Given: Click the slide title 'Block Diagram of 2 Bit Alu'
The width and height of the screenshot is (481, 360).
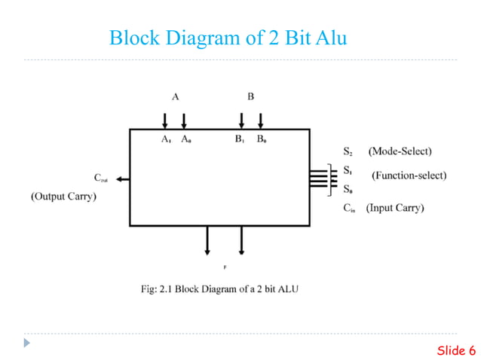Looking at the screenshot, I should point(228,37).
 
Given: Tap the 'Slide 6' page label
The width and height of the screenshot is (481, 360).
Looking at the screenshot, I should point(456,350).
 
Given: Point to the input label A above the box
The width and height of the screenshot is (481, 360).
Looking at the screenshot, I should point(175,96).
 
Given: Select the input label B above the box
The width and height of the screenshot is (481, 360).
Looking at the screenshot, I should point(251,96).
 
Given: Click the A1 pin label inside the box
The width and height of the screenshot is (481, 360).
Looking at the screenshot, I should point(166,139).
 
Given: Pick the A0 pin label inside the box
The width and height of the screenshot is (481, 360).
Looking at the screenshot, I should point(185,139).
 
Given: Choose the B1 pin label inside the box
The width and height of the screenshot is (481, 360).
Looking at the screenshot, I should point(240,139).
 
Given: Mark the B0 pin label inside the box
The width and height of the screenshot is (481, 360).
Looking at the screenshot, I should point(261,139).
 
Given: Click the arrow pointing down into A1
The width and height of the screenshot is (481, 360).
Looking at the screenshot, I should point(165,121).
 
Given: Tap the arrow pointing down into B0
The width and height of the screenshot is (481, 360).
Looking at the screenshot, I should point(261,121).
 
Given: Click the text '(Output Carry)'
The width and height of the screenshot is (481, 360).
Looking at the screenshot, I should point(63,197).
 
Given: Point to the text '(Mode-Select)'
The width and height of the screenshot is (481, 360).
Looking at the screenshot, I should point(400,151).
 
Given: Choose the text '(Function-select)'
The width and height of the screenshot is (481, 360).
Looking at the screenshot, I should point(409,175).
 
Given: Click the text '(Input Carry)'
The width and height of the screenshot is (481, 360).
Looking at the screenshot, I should point(395,208).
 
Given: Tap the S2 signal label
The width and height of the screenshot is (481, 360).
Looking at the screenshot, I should point(348,151).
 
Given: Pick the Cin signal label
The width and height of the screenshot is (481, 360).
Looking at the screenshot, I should point(349,208).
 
